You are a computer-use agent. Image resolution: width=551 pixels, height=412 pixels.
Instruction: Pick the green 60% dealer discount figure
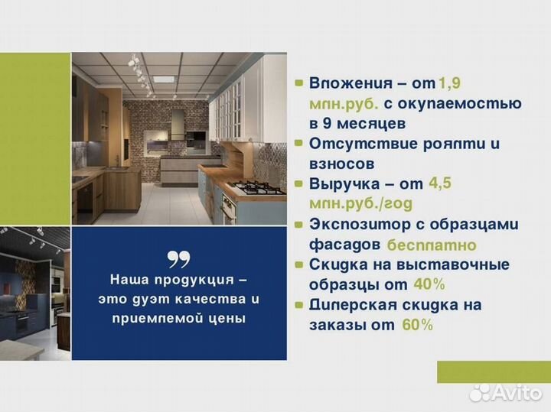416,325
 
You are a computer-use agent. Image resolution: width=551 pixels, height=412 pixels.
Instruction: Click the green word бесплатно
432,245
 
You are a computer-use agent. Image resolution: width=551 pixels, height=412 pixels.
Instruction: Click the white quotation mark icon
179,259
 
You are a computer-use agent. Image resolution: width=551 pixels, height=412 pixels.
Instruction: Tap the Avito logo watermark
505,393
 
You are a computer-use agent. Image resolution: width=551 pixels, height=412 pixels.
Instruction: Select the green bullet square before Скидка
298,264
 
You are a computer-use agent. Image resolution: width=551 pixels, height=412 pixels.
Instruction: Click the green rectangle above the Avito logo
494,371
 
